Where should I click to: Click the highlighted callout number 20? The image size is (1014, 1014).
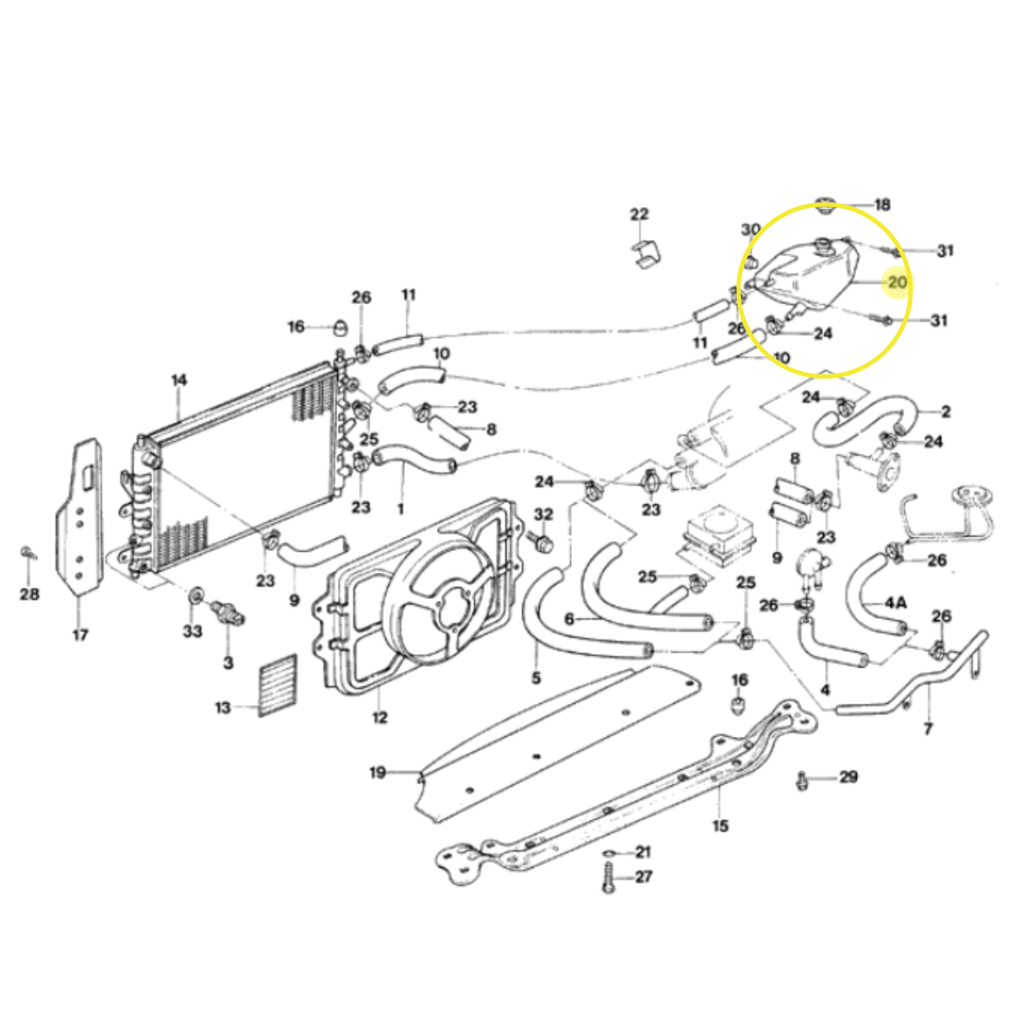tap(897, 282)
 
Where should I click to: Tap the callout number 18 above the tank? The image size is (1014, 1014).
tap(882, 204)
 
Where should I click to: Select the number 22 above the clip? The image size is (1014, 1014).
tap(640, 214)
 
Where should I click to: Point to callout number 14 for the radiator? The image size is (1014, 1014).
tap(179, 380)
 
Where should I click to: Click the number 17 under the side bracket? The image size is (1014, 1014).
tap(80, 635)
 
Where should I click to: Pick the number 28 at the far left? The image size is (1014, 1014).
tap(30, 595)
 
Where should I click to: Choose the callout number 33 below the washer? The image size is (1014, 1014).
tap(193, 630)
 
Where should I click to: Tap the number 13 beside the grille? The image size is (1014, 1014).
tap(223, 708)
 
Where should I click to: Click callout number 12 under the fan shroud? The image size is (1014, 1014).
tap(380, 717)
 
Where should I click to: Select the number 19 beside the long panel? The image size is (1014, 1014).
tap(378, 773)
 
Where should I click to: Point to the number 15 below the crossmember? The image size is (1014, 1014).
tap(721, 826)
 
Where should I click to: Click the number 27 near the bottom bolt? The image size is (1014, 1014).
tap(644, 876)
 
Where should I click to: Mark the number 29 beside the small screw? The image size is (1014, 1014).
tap(848, 777)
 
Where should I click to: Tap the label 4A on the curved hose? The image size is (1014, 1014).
tap(895, 602)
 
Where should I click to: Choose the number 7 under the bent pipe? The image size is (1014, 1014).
tap(928, 728)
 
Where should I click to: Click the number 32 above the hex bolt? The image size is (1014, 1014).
tap(543, 514)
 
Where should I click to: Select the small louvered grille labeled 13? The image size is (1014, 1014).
tap(277, 685)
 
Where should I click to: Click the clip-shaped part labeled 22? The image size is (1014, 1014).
tap(646, 253)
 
